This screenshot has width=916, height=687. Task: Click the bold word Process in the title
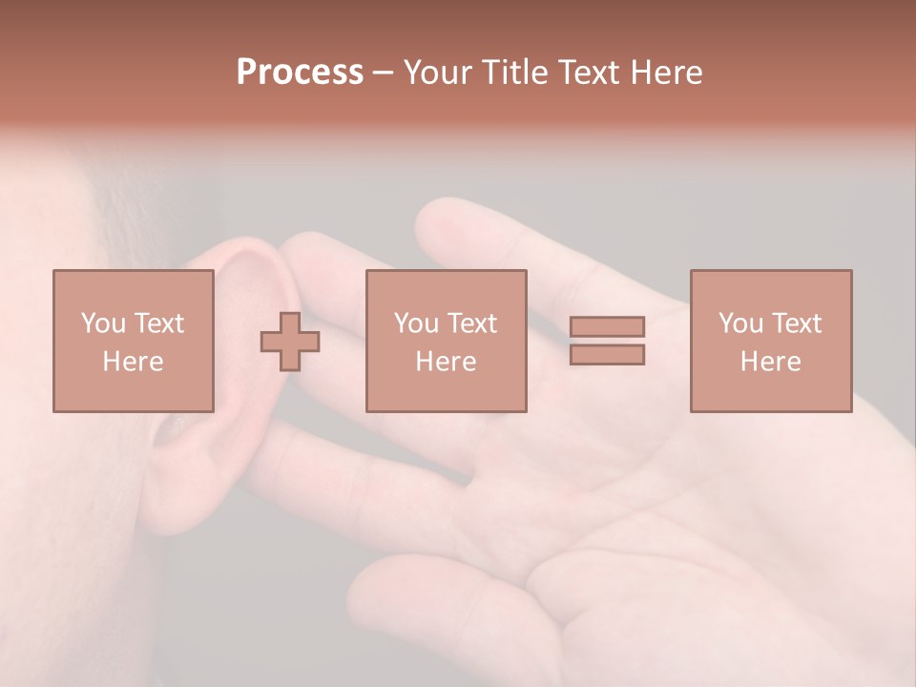(x=300, y=73)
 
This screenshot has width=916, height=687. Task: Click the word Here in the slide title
(x=665, y=73)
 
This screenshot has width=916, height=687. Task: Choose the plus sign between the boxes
(x=290, y=342)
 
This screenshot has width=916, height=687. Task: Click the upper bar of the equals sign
(x=607, y=326)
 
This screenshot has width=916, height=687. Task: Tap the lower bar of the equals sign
(x=607, y=355)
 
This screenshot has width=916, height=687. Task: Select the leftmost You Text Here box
(x=133, y=341)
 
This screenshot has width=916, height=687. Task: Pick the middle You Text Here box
(x=446, y=341)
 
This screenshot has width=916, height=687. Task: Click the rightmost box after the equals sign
(x=770, y=341)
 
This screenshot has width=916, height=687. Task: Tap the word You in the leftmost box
(x=102, y=323)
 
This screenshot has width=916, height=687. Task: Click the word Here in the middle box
(x=446, y=362)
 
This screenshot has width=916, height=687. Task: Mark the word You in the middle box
(x=415, y=323)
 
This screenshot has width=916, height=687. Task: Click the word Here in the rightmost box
(x=770, y=362)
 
